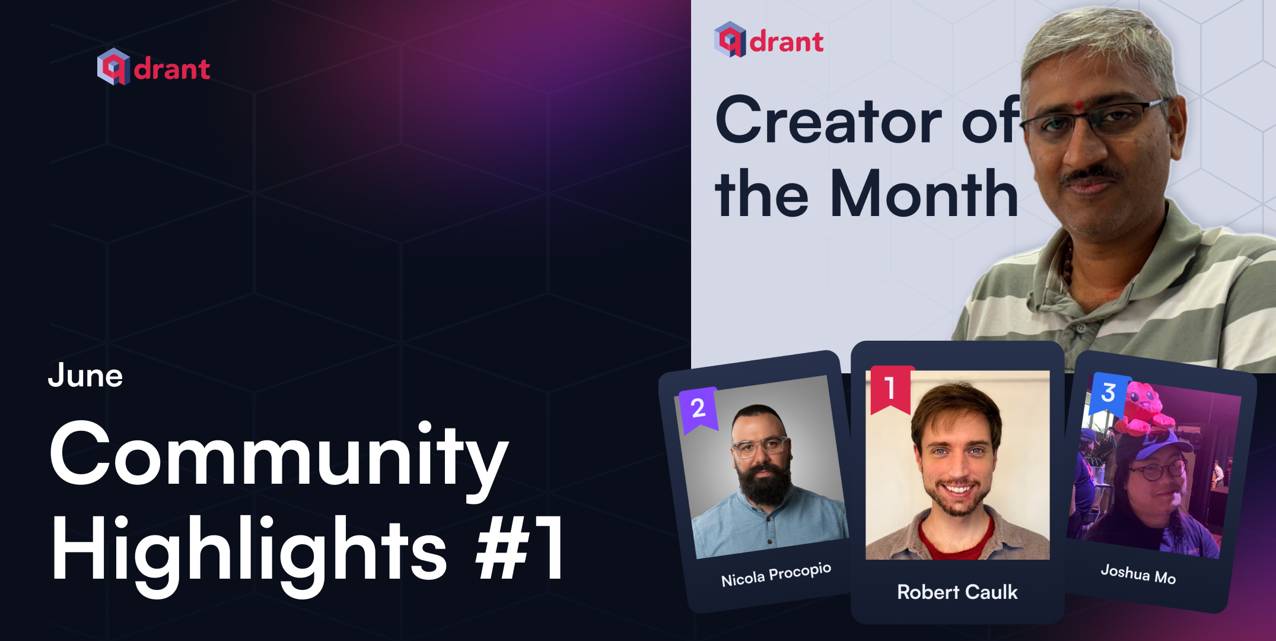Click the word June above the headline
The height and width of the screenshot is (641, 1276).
tap(85, 376)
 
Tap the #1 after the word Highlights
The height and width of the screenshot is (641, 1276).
tap(521, 549)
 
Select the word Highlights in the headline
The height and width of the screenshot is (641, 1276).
tap(249, 549)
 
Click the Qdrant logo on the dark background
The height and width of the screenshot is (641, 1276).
tap(154, 68)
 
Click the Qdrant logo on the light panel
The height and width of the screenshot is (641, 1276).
tap(769, 40)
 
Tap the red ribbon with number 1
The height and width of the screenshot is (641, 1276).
tap(890, 389)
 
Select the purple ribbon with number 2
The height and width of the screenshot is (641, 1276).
tap(698, 409)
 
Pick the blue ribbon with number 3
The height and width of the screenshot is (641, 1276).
tap(1108, 393)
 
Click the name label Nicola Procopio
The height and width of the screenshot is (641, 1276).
tap(776, 575)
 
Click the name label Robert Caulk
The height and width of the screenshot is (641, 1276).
tap(957, 592)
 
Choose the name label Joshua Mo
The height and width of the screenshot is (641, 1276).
tap(1138, 574)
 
